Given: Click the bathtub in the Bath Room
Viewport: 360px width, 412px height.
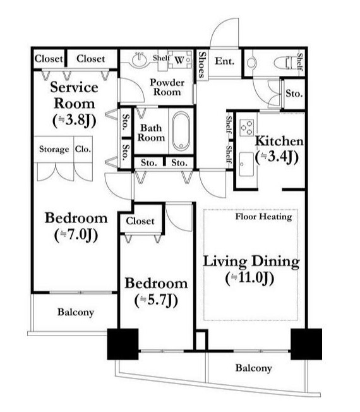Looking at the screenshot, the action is click(x=181, y=131).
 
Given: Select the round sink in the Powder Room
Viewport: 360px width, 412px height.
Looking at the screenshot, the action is click(x=140, y=60).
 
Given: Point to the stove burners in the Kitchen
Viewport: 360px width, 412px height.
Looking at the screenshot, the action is click(x=247, y=128).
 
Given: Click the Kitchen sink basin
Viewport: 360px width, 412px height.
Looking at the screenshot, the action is click(x=246, y=164).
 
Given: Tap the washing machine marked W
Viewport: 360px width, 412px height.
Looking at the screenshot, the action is click(x=179, y=60).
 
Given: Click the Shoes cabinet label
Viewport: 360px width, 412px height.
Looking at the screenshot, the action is click(x=201, y=64).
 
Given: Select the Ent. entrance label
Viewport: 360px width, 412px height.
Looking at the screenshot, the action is click(x=224, y=61).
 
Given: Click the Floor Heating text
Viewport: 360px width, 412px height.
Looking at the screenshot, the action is click(x=263, y=217).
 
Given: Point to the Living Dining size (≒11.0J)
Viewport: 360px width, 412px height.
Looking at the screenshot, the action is click(x=249, y=278).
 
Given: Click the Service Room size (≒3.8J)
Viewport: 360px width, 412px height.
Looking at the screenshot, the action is click(x=75, y=120).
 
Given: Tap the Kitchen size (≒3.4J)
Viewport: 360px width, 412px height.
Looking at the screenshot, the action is click(x=277, y=157).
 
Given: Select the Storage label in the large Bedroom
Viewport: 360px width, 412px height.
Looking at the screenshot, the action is click(x=54, y=149).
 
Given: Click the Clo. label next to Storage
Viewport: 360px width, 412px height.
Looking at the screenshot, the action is click(x=83, y=149).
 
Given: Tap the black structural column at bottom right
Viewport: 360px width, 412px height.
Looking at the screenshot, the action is click(x=306, y=344).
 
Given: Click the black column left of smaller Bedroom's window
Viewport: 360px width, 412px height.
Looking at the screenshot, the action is click(x=123, y=344).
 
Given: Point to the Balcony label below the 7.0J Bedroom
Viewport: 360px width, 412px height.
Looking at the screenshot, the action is click(x=76, y=312).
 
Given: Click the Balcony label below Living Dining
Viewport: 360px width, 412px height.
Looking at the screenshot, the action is click(x=253, y=368).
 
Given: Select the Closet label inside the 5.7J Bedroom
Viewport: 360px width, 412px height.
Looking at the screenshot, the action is click(x=140, y=221).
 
